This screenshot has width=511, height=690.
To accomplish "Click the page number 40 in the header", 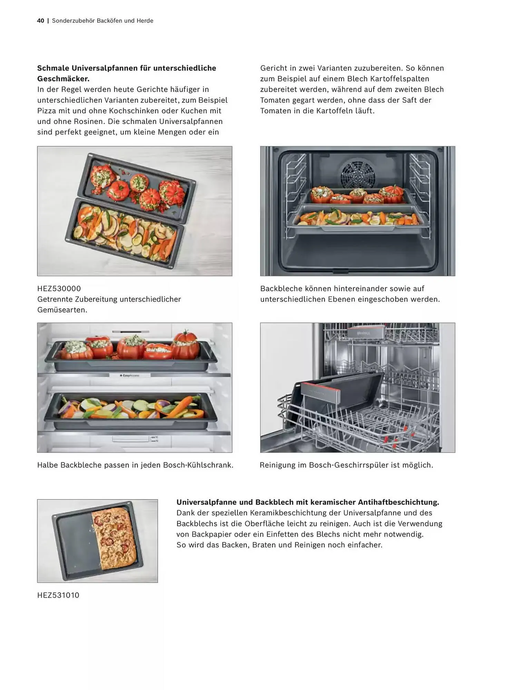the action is click(x=41, y=21).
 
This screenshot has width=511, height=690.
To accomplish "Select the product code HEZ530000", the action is click(x=59, y=288).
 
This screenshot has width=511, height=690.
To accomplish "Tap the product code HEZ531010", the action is click(x=58, y=595).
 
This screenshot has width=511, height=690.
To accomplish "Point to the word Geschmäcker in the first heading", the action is click(x=63, y=79).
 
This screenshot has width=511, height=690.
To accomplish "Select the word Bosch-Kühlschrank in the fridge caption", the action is click(x=198, y=465).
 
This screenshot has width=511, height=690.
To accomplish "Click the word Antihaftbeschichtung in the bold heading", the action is click(x=399, y=502).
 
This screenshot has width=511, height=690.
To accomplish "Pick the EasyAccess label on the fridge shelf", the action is click(x=130, y=375).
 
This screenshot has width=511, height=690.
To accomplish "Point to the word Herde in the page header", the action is click(x=145, y=21).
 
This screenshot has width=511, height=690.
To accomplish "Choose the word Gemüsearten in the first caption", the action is click(x=62, y=310).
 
